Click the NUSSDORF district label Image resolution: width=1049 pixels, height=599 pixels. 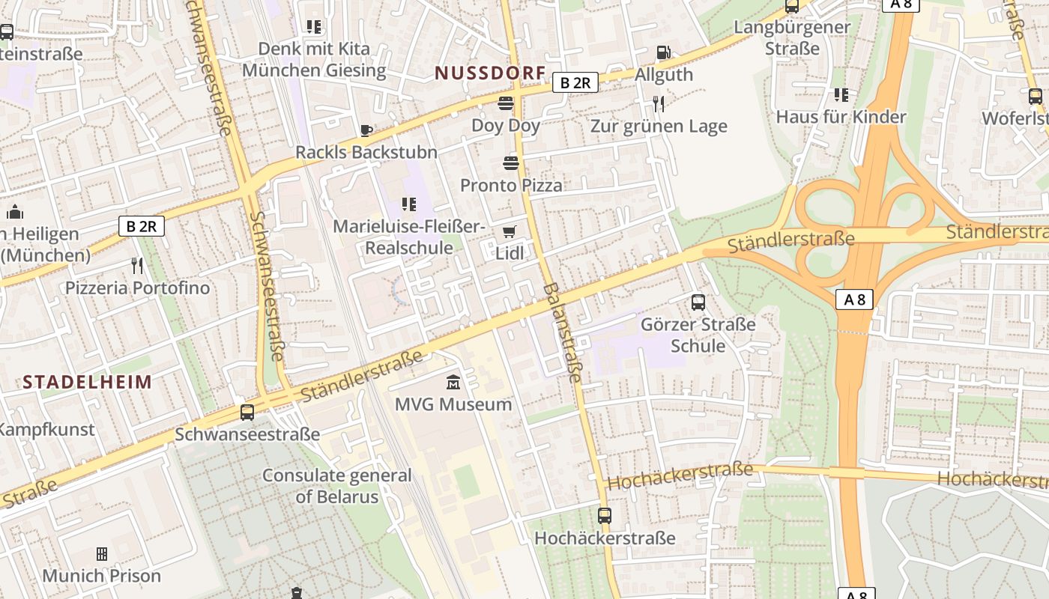490,73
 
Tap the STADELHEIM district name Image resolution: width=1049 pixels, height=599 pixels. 87,382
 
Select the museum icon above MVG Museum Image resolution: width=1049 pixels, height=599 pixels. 453,383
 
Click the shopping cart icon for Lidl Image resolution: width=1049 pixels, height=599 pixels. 510,232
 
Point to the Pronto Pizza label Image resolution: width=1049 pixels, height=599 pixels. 511,185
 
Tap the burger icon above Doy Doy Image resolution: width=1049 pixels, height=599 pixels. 506,103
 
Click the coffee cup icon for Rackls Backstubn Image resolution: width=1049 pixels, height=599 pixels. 366,131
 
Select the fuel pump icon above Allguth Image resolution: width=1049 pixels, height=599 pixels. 663,52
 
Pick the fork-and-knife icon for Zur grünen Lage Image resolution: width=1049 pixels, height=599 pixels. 659,103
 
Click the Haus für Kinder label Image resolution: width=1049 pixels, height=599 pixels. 841,117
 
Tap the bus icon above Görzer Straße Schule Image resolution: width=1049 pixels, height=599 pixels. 698,302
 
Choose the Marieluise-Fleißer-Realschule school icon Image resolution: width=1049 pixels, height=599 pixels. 408,204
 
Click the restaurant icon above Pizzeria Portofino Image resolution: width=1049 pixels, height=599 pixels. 137,265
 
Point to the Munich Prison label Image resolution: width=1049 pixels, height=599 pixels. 101,576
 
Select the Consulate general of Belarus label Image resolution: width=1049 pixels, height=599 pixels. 336,485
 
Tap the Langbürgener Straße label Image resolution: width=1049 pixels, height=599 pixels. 792,37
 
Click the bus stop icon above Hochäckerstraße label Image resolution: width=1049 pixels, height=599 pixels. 605,516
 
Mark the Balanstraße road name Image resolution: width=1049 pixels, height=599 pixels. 563,332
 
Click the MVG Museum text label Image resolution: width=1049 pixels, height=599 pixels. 453,404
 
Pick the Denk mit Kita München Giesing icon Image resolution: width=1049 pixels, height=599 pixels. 314,27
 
